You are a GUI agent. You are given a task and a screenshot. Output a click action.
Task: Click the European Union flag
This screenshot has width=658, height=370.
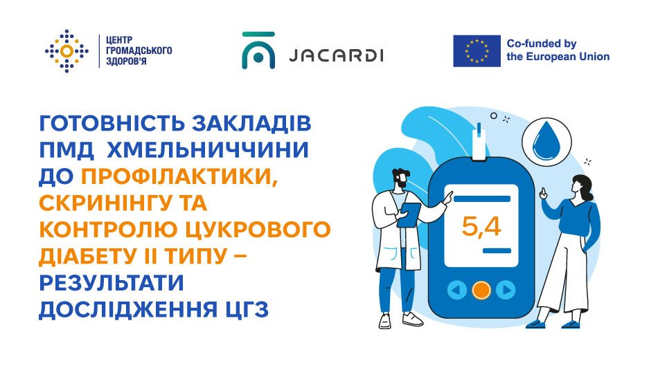477,51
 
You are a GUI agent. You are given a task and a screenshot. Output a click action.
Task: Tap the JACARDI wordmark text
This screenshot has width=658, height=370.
334,55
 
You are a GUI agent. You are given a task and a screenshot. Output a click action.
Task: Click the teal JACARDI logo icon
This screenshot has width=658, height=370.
258,50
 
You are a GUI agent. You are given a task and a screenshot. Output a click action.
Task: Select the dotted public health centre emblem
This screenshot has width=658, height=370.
66,50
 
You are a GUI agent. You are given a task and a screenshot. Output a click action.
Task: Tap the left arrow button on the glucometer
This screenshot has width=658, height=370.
456,290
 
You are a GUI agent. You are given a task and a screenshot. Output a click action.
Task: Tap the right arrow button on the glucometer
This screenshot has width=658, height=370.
506,290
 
